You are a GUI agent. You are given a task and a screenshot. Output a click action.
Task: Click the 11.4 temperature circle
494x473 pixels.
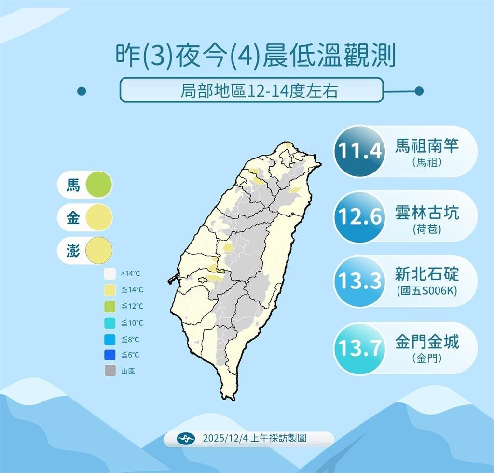click(359, 152)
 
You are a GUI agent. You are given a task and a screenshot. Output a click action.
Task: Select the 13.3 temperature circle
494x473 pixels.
click(359, 281)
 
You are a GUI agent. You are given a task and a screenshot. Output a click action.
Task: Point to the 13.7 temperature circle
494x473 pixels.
click(359, 348)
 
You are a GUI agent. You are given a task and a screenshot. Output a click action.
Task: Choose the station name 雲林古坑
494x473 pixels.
click(427, 212)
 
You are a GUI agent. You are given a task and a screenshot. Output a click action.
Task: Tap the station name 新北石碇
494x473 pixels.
click(427, 274)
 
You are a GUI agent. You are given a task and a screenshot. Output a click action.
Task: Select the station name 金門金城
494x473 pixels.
click(427, 342)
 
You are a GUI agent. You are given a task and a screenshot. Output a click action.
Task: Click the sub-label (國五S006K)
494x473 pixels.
click(427, 292)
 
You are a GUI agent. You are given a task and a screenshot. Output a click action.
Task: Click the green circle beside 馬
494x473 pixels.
click(98, 185)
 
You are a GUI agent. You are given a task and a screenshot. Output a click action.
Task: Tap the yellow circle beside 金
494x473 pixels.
click(98, 218)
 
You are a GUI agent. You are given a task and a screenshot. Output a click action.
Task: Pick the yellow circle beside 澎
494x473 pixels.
click(98, 251)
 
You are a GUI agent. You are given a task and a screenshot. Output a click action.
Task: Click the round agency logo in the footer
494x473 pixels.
click(186, 439)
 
